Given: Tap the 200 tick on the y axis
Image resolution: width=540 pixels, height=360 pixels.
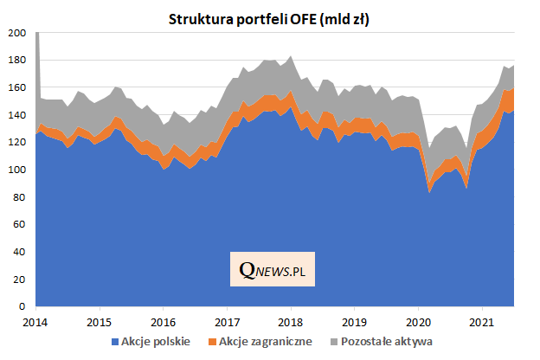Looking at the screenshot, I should tap(16, 34).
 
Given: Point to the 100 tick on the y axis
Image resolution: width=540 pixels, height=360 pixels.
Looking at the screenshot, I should tap(16, 170).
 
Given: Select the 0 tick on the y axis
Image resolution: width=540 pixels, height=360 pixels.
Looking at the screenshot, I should tap(22, 307).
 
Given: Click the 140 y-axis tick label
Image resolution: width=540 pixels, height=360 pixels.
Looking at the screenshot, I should tap(16, 116).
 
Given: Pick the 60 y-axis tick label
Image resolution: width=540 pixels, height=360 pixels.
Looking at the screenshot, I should tap(19, 225).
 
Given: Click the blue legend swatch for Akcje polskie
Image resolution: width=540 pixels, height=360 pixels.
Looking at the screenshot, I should tap(118, 342).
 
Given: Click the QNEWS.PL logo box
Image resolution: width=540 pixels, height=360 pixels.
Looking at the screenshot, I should tap(273, 271).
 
